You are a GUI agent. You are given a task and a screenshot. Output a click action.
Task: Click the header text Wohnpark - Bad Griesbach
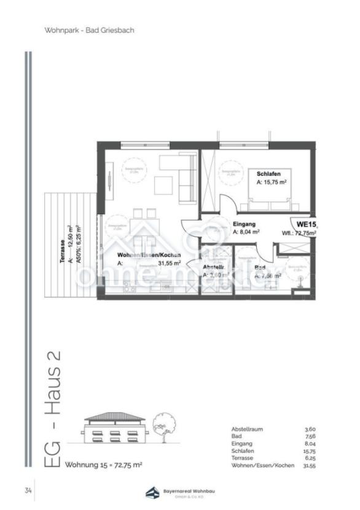click(x=89, y=29)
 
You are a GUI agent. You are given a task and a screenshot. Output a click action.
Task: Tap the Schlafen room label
click(x=268, y=174)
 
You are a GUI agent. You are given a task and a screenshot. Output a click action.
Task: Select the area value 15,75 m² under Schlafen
click(x=273, y=182)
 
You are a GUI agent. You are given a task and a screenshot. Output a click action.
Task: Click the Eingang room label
click(x=245, y=224)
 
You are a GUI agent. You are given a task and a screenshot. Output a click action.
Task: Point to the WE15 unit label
click(x=307, y=224)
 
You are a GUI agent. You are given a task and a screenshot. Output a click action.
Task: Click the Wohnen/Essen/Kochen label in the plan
click(x=149, y=254)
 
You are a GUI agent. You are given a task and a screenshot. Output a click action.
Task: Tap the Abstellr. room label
click(x=215, y=268)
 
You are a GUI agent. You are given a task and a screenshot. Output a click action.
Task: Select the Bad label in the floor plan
click(x=260, y=268)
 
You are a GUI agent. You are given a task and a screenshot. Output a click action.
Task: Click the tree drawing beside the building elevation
click(x=165, y=425)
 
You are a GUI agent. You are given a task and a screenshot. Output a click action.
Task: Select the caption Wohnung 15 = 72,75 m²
click(x=104, y=465)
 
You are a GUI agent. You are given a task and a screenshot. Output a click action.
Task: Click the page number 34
click(x=28, y=490)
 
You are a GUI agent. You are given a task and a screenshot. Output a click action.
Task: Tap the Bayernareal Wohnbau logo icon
click(x=151, y=492)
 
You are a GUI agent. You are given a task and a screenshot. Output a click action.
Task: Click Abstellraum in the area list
click(x=247, y=429)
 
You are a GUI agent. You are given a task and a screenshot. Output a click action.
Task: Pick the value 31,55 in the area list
click(x=310, y=466)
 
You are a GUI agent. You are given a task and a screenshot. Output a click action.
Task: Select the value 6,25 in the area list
click(x=310, y=458)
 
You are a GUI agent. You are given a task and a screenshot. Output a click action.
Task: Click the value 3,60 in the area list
click(x=310, y=429)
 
